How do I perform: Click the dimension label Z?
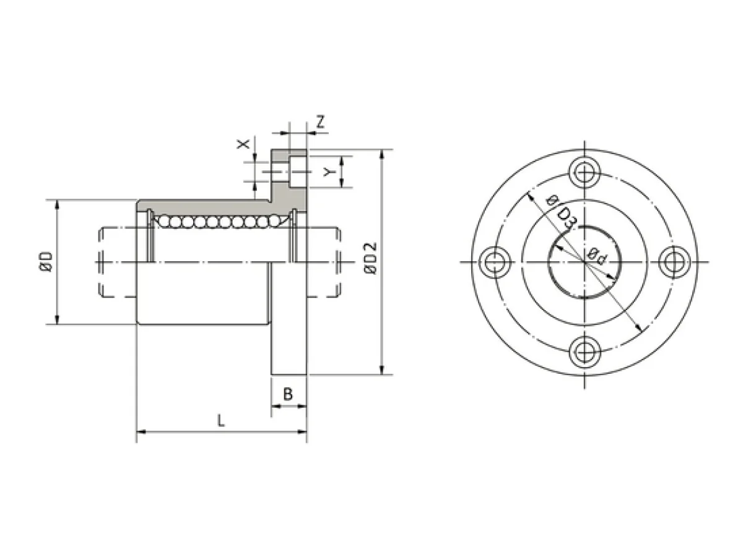[320, 122]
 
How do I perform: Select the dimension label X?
[243, 144]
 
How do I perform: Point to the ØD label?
[46, 261]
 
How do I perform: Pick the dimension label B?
[288, 394]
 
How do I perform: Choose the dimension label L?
[220, 421]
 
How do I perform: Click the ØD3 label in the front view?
[561, 212]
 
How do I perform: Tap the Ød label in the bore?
[596, 256]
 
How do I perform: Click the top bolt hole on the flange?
[584, 173]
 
